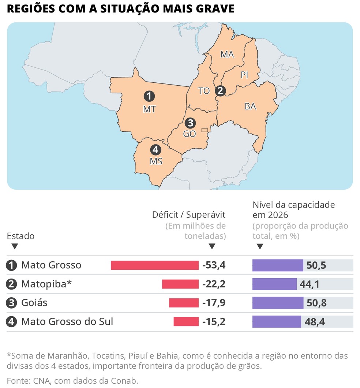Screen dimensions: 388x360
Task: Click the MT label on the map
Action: point(149,109)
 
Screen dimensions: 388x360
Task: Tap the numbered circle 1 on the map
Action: point(149,97)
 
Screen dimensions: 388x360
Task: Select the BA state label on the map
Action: point(250,107)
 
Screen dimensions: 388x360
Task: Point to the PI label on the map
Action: point(244,75)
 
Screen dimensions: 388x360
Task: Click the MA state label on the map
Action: point(227,55)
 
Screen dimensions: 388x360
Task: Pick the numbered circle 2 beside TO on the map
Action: point(220,90)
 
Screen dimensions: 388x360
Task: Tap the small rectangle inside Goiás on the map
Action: point(205,130)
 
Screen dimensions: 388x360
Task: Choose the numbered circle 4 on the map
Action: point(155,150)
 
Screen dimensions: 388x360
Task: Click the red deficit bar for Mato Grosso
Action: point(154,265)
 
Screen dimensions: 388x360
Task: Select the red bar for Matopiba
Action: point(180,284)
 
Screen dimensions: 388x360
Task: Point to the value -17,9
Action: point(214,303)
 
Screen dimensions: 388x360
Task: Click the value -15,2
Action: point(214,322)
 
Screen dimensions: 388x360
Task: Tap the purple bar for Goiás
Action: point(278,303)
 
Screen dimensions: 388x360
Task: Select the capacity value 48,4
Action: point(314,322)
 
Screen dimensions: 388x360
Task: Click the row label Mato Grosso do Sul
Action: point(67,322)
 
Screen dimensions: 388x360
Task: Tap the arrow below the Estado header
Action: point(15,246)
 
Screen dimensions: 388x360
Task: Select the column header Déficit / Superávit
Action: point(189,214)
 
